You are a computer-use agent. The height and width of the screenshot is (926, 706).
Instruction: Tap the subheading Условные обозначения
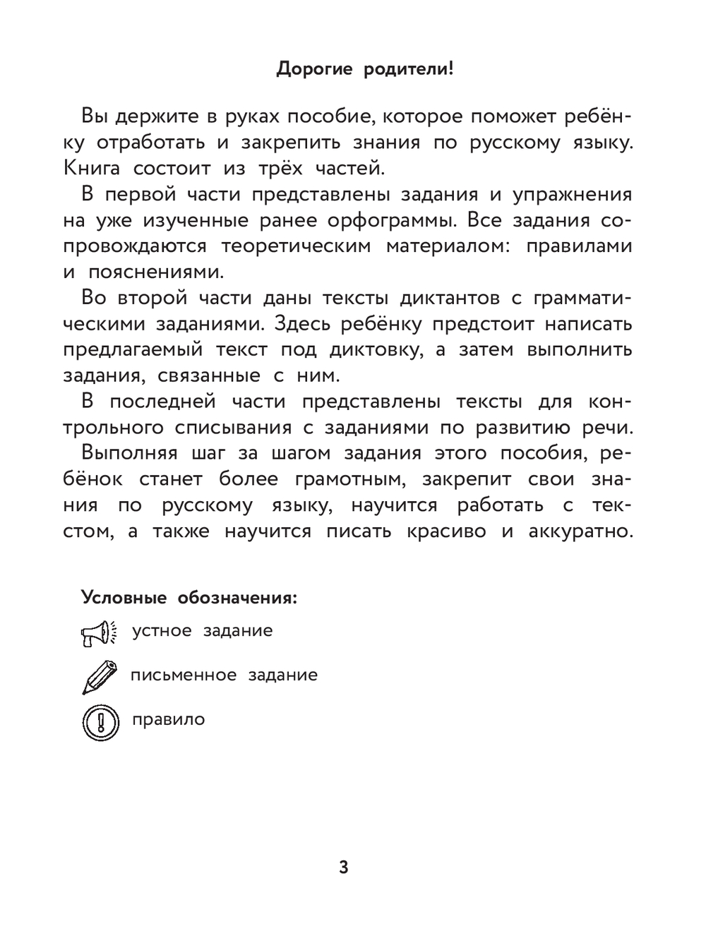(189, 597)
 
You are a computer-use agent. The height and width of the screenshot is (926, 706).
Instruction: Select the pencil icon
(98, 676)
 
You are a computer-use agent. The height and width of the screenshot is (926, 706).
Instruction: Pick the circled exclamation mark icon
(98, 722)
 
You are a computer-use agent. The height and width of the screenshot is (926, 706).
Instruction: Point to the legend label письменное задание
(224, 675)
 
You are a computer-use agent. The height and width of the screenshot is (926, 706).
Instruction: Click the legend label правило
(168, 720)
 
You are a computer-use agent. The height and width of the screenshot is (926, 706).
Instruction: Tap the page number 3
(344, 867)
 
